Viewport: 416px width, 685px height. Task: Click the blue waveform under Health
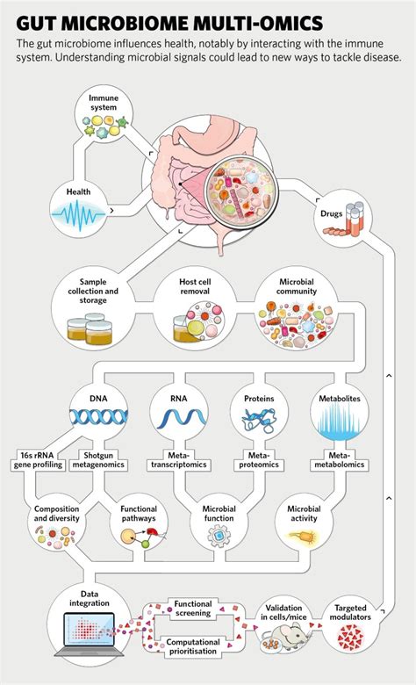pyautogui.click(x=84, y=214)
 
